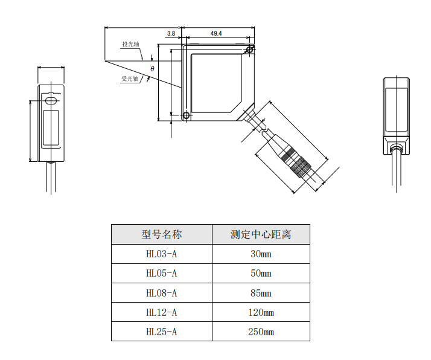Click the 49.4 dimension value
[216, 34]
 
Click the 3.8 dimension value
[171, 34]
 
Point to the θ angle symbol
[153, 69]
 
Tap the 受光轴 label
[130, 79]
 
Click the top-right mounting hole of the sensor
[251, 50]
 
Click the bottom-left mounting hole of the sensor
[186, 115]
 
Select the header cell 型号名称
[162, 234]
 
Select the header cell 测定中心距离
[261, 234]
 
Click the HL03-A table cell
[162, 254]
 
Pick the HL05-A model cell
[162, 273]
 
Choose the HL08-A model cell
[162, 293]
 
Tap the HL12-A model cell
[162, 312]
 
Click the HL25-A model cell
[162, 332]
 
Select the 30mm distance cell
[261, 254]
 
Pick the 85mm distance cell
[261, 293]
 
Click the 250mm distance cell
[261, 332]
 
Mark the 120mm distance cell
[261, 312]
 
